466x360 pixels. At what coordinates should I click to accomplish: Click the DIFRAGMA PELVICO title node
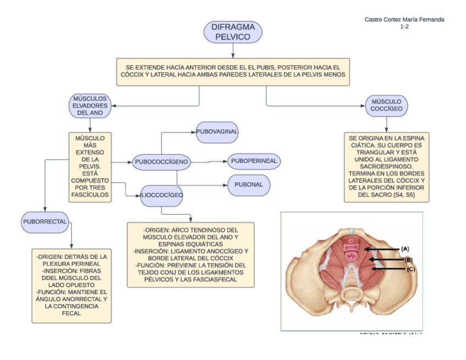click(232, 32)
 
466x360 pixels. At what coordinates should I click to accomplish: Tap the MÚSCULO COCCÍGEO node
click(386, 105)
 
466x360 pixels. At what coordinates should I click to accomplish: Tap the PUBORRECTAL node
click(45, 221)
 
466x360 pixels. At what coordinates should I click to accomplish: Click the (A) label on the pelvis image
click(405, 249)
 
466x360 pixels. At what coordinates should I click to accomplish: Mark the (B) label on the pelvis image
click(408, 259)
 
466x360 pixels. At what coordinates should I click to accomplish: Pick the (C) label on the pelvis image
click(411, 269)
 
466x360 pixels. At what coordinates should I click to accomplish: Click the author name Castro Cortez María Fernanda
click(404, 20)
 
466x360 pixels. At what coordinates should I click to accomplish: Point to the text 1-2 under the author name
click(404, 26)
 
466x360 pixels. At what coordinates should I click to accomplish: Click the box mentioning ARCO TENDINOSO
click(190, 254)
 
